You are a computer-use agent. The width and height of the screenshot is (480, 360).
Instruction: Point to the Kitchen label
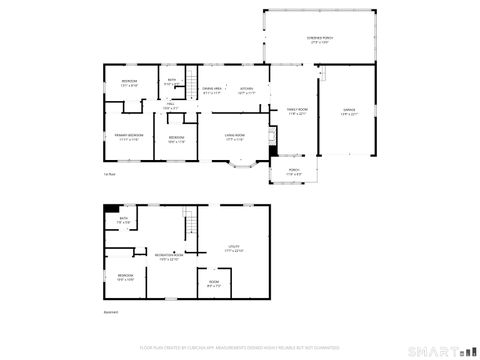pos(246,89)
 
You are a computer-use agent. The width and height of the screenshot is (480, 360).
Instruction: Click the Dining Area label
pos(212,89)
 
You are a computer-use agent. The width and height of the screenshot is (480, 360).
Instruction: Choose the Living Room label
pos(236,137)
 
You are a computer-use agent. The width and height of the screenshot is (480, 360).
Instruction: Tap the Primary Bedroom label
pos(129,135)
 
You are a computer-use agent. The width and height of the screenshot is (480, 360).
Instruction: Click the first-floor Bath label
pos(171,81)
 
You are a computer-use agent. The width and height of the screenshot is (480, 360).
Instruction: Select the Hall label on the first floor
pos(171,104)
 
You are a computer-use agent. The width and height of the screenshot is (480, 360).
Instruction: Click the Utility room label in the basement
pos(233,248)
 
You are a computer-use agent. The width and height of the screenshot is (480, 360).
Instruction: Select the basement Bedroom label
pos(125,276)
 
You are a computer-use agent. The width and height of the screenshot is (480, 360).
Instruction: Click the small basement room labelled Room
pos(213,283)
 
